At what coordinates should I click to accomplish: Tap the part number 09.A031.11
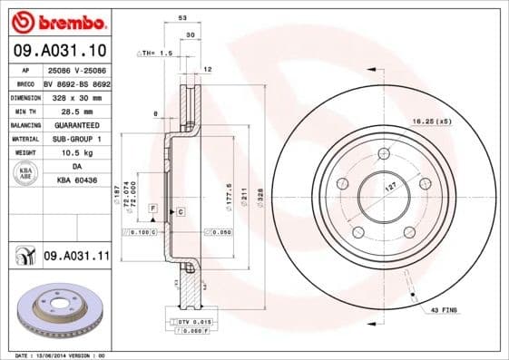[x=76, y=257]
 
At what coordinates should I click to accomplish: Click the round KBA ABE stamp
[x=25, y=174]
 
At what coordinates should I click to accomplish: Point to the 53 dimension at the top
[x=181, y=18]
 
